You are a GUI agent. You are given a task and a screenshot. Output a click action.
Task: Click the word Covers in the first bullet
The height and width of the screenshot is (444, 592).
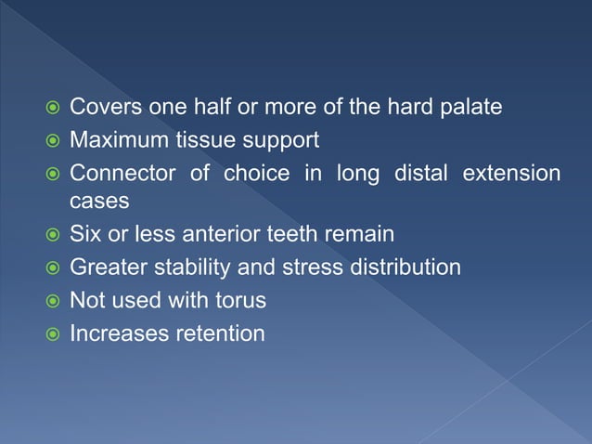coord(105,108)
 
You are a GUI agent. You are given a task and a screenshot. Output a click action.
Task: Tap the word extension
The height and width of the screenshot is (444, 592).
coord(512,174)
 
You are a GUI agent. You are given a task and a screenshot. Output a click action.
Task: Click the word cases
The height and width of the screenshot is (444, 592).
coord(97,200)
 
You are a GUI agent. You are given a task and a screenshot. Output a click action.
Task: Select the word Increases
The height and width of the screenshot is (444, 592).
coord(117,333)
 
